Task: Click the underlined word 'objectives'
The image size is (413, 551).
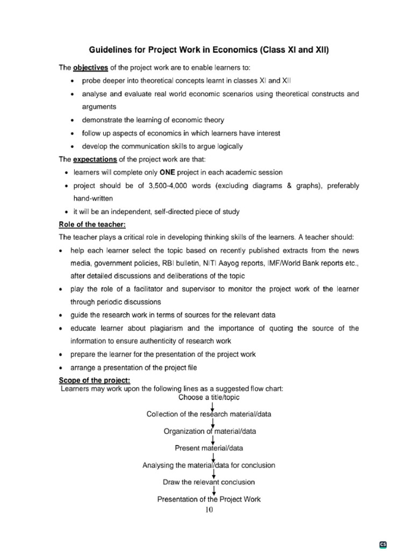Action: [91, 67]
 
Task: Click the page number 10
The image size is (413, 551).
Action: [209, 510]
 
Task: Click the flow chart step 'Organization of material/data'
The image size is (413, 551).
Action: [210, 431]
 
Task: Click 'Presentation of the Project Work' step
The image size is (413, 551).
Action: [209, 499]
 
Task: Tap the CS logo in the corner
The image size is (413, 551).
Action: [383, 544]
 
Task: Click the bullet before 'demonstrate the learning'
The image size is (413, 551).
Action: [73, 120]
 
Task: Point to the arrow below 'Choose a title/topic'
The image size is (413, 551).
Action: [212, 406]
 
